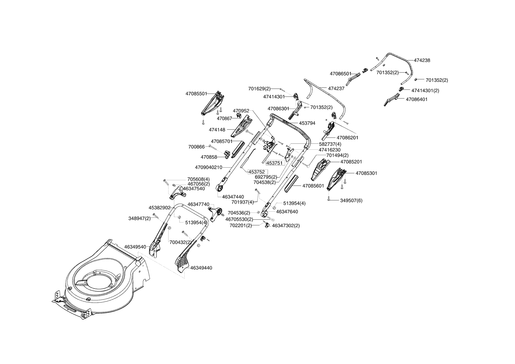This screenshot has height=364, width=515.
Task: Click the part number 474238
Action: tap(422, 60)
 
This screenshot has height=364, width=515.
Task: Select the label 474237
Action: tap(336, 88)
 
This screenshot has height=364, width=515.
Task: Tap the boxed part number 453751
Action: tap(274, 163)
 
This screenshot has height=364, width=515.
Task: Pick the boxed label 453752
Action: tap(257, 172)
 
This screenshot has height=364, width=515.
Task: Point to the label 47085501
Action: tap(196, 94)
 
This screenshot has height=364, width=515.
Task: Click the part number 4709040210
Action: tap(208, 167)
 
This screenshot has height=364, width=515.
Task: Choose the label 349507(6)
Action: tap(351, 200)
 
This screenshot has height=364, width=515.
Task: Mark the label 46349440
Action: tap(201, 268)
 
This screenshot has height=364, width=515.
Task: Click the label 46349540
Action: tap(135, 247)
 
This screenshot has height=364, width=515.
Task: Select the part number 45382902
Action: tap(159, 208)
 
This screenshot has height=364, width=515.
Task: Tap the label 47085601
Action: tap(313, 186)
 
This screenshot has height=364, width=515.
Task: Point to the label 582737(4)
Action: tap(330, 144)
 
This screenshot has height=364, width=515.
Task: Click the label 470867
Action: tap(224, 118)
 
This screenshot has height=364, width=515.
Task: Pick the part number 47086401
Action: tap(417, 99)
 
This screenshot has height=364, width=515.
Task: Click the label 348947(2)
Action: tap(139, 218)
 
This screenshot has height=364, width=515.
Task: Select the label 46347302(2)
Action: tap(286, 225)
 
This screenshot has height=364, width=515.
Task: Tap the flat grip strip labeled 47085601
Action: tap(291, 183)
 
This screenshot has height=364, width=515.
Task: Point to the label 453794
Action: tap(307, 123)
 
